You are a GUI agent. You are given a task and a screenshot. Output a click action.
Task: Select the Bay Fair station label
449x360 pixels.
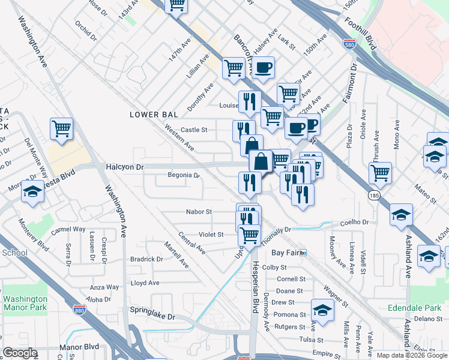285,253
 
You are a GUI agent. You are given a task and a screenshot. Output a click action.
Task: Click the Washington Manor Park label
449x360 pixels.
25,303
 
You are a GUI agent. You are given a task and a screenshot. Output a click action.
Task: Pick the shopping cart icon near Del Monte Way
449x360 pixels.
62,129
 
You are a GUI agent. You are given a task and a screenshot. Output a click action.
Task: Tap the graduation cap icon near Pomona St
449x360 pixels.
322,310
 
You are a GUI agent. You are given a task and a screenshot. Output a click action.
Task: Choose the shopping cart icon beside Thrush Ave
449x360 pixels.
380,173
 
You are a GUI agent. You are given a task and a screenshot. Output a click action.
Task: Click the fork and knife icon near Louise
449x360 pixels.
248,101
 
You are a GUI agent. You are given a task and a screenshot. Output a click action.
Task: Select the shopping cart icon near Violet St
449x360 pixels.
249,235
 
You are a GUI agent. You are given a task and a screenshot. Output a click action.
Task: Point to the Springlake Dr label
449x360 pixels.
152,316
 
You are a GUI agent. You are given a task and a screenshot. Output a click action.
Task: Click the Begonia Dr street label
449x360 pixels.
183,175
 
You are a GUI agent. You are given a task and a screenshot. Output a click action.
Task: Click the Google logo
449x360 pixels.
20,353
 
